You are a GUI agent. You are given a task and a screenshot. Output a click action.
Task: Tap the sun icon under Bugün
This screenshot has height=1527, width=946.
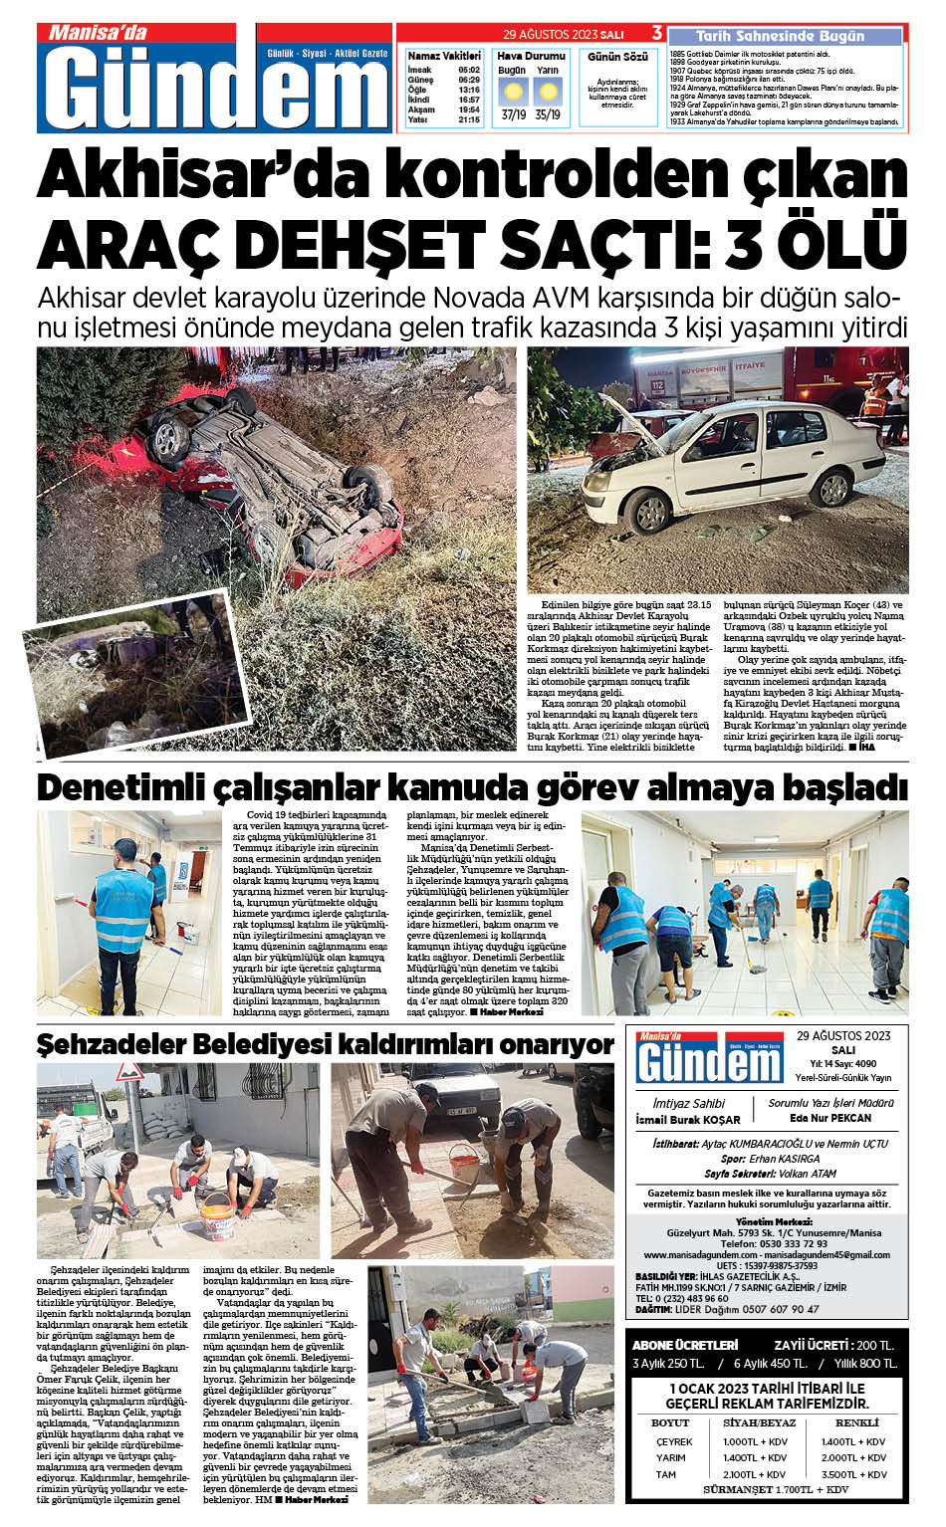tap(514, 93)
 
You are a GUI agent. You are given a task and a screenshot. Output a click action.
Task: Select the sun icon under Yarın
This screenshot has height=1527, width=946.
tap(548, 93)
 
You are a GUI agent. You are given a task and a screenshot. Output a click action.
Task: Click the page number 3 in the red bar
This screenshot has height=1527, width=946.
tap(657, 34)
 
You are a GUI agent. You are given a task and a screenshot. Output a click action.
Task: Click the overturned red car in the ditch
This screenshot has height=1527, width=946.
tap(269, 478)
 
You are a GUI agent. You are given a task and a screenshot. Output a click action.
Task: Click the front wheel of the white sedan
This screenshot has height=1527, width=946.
tap(651, 513)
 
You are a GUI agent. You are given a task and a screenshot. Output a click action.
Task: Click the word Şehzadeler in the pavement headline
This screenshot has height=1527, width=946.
tap(111, 1044)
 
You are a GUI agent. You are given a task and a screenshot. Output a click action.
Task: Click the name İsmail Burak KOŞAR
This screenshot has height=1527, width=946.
tap(688, 1120)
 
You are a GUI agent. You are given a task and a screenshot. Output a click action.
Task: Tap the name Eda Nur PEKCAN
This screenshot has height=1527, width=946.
tap(829, 1118)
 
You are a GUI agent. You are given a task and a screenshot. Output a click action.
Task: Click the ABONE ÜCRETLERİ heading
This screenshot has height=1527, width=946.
tap(685, 1345)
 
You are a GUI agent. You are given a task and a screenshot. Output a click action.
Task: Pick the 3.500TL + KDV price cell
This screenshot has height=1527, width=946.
tap(853, 1474)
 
